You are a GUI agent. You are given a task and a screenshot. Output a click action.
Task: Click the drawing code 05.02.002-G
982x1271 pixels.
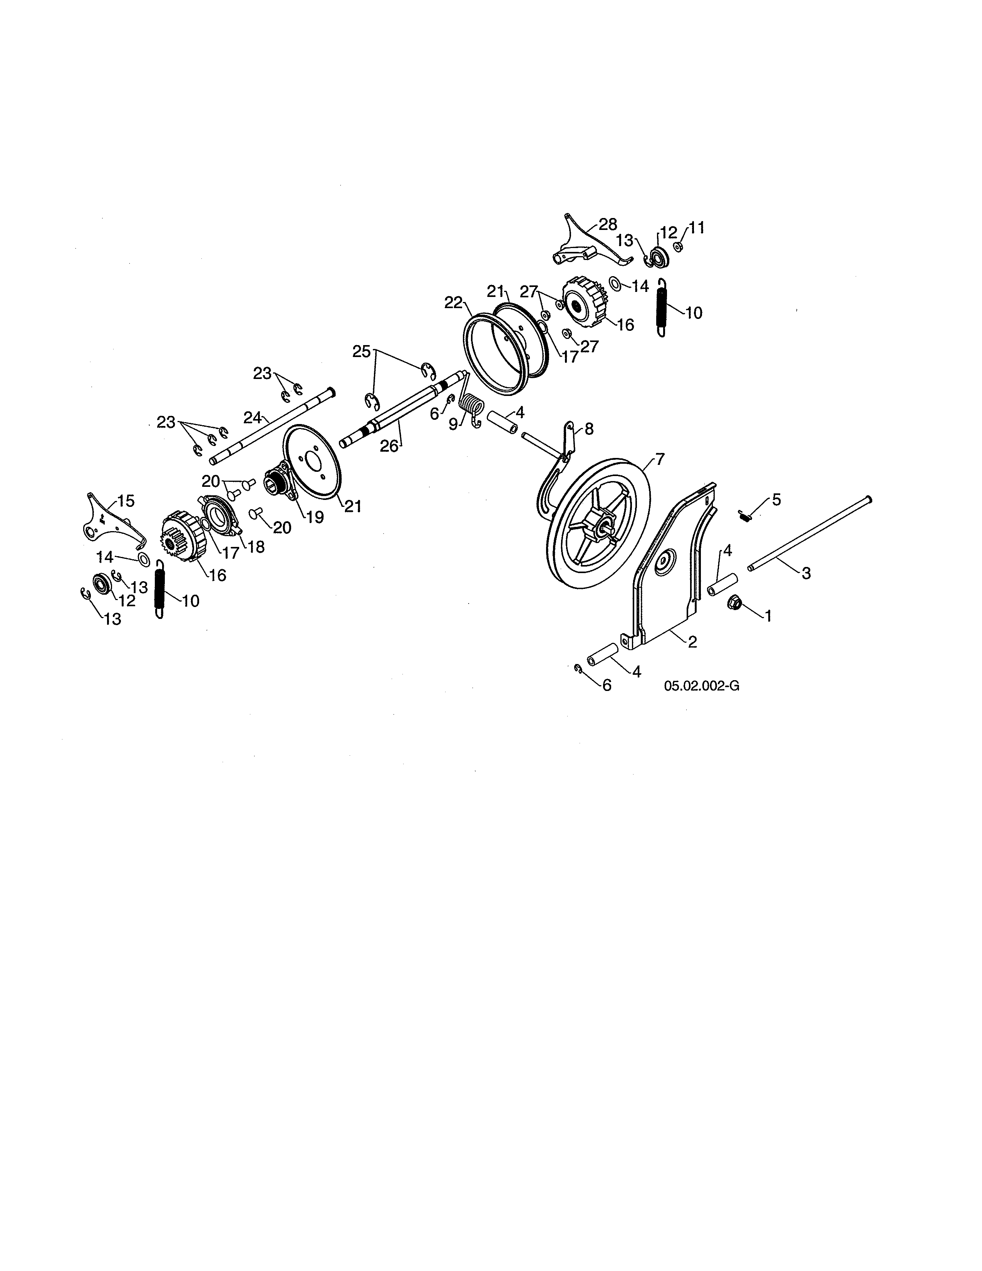pos(702,686)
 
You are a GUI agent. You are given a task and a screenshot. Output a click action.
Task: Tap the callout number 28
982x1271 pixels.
pos(608,225)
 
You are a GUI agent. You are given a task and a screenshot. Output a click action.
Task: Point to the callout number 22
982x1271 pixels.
pos(453,303)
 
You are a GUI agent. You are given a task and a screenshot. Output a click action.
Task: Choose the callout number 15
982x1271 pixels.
pos(126,500)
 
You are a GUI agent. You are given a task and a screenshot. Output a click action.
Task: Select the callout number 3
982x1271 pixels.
pos(806,573)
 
